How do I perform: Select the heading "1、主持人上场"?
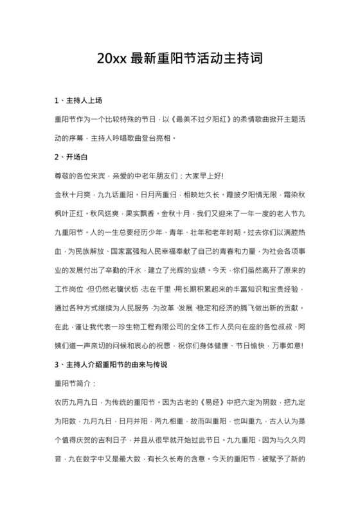78,101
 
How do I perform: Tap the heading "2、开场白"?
71,156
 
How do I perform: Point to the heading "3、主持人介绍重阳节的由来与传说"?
111,364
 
